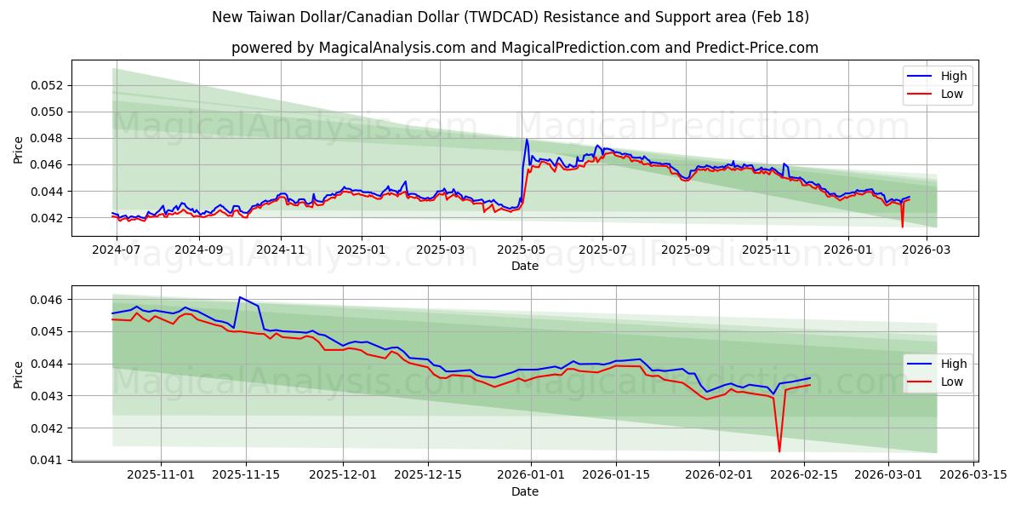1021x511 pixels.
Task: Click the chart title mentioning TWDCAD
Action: (x=510, y=17)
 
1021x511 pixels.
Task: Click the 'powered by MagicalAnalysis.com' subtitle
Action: (x=524, y=48)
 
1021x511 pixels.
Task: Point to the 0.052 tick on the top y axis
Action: (x=48, y=85)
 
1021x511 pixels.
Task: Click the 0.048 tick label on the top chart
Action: (x=48, y=138)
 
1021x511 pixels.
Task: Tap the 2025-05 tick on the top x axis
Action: (x=522, y=251)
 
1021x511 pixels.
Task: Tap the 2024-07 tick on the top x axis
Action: (x=116, y=251)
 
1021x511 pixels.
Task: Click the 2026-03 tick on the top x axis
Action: (x=927, y=251)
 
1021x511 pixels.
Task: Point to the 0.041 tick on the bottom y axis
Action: (x=48, y=460)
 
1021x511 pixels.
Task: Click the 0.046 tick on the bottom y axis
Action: (x=48, y=300)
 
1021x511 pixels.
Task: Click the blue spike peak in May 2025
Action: (x=527, y=140)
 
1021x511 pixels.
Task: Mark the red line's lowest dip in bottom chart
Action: (x=779, y=451)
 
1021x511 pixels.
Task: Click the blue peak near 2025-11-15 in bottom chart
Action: (x=240, y=297)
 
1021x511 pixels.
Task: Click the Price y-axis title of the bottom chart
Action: (x=19, y=374)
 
